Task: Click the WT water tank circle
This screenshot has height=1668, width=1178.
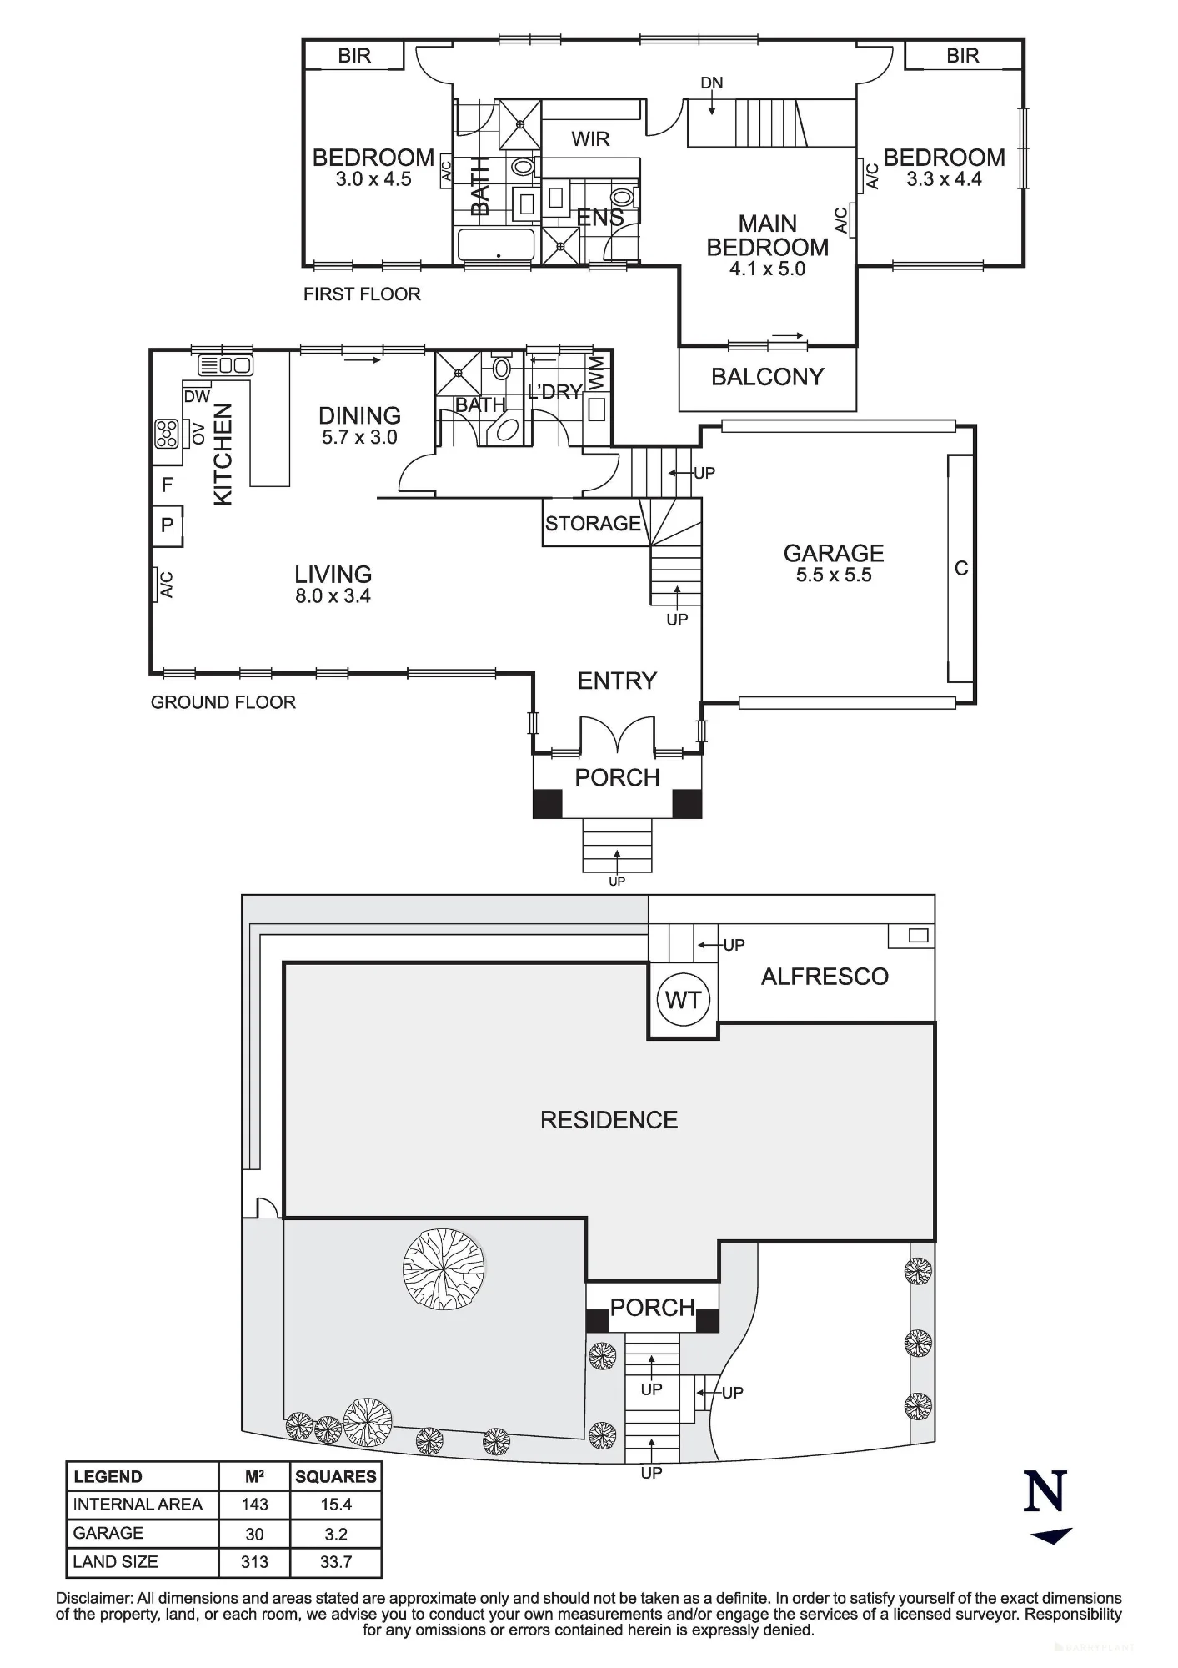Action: coord(683,999)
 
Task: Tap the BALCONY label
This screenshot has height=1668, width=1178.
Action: coord(767,377)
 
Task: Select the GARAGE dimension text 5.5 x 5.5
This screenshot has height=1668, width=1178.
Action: coord(834,575)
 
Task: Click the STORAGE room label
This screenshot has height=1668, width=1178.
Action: coord(593,524)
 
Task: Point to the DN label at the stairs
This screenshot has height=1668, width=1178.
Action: coord(712,83)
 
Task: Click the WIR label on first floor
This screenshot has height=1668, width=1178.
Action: coord(590,139)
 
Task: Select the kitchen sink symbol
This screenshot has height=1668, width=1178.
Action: coord(225,365)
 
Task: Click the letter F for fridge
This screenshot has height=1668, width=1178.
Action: coord(167,485)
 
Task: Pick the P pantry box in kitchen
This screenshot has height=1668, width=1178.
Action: coord(167,525)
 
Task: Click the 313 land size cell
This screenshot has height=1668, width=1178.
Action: coord(254,1562)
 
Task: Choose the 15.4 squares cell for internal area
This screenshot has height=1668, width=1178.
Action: coord(336,1505)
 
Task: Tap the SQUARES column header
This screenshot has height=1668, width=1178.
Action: coord(336,1476)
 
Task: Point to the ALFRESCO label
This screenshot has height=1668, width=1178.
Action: coord(825,977)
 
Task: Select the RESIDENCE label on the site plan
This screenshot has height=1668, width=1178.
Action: coord(609,1120)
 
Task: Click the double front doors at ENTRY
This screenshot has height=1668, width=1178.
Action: coord(617,734)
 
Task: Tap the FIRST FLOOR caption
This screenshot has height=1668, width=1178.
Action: coord(362,294)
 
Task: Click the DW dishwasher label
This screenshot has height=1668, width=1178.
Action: coord(197,397)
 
